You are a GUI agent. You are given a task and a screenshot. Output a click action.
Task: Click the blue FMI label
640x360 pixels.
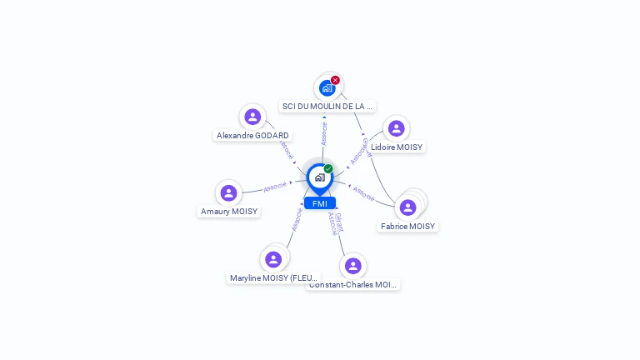(x=320, y=203)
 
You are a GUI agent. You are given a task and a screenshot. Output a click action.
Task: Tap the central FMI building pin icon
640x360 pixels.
(x=320, y=177)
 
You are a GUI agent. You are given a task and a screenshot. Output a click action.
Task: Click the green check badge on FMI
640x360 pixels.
(x=328, y=169)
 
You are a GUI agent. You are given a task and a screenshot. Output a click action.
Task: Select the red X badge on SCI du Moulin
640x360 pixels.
(x=335, y=81)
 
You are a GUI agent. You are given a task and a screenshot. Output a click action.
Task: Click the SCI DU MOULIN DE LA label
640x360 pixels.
(x=327, y=107)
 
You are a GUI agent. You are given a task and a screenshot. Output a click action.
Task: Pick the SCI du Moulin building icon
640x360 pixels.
(x=327, y=87)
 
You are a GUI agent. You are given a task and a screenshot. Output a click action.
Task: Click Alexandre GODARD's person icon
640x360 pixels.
(x=252, y=117)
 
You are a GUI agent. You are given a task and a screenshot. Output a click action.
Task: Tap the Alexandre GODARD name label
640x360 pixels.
(x=252, y=135)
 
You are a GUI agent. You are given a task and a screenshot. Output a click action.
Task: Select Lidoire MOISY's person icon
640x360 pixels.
(x=396, y=128)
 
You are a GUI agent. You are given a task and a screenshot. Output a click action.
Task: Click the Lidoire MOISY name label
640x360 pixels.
(x=397, y=147)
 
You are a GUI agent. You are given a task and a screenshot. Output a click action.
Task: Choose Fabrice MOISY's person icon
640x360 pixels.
(x=407, y=207)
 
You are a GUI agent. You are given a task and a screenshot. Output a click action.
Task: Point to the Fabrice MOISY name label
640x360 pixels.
(x=407, y=226)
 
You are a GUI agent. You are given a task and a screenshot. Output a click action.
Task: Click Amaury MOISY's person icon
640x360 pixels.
(x=228, y=193)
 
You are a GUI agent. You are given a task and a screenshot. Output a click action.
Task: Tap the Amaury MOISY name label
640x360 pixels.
(x=229, y=212)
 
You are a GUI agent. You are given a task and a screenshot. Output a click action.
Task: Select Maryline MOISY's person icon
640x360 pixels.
(x=273, y=259)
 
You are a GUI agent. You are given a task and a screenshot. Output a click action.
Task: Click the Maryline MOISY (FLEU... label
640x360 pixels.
(x=273, y=277)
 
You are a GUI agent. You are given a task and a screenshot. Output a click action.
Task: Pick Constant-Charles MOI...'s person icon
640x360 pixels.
(x=352, y=266)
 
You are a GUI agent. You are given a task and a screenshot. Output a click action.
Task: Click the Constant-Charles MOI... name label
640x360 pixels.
(x=353, y=284)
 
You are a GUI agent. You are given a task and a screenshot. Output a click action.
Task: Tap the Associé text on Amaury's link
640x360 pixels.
(x=275, y=187)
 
